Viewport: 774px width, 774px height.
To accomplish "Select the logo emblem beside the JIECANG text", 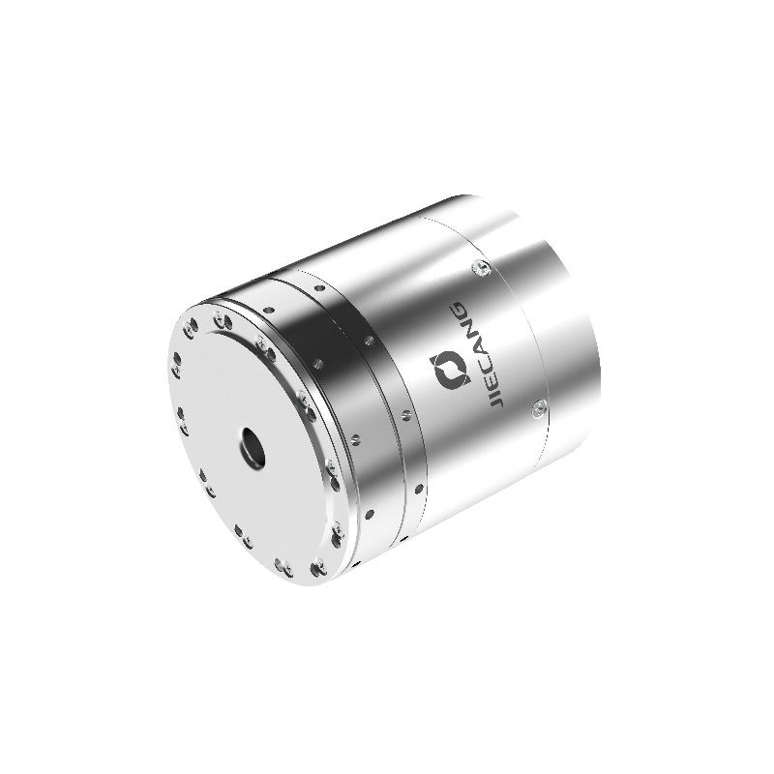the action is click(x=450, y=370).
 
